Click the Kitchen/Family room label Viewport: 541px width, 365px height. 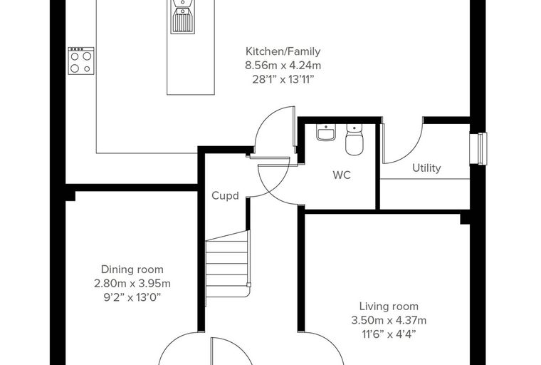pyautogui.click(x=283, y=51)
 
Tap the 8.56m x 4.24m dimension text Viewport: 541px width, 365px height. pyautogui.click(x=283, y=66)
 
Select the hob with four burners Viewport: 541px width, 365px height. pyautogui.click(x=80, y=61)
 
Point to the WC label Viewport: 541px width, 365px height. pyautogui.click(x=342, y=175)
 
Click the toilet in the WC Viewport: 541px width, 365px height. pyautogui.click(x=354, y=140)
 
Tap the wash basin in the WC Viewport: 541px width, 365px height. pyautogui.click(x=326, y=133)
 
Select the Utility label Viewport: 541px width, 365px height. pyautogui.click(x=426, y=168)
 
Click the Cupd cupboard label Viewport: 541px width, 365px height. pyautogui.click(x=225, y=196)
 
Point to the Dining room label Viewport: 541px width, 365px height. pyautogui.click(x=132, y=269)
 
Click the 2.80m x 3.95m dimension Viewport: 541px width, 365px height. pyautogui.click(x=132, y=284)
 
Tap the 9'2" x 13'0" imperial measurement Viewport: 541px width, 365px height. pyautogui.click(x=132, y=297)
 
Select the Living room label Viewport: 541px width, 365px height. pyautogui.click(x=389, y=307)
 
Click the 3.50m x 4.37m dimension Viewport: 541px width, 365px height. pyautogui.click(x=389, y=320)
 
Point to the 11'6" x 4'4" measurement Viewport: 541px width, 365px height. pyautogui.click(x=389, y=334)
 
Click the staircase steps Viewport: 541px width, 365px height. pyautogui.click(x=227, y=269)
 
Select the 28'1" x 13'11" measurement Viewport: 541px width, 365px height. pyautogui.click(x=283, y=80)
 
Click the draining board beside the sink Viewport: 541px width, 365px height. pyautogui.click(x=182, y=21)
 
